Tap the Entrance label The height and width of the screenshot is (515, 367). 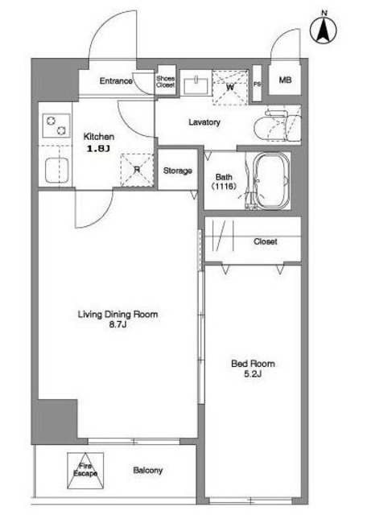(116, 80)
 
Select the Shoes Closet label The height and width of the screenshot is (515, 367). (165, 81)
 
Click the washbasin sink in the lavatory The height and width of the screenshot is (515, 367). (196, 85)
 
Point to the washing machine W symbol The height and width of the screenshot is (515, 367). (230, 87)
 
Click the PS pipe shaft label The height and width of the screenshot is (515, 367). (257, 84)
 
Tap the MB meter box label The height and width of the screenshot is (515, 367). (285, 80)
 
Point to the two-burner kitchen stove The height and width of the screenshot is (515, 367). (56, 126)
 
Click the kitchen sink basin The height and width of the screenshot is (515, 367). (56, 171)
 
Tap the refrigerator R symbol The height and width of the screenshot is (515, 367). (137, 170)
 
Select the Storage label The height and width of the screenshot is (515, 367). (177, 171)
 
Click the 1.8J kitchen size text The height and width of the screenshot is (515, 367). (97, 149)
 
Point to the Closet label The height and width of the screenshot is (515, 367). (265, 241)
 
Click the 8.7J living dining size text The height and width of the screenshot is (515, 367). (118, 325)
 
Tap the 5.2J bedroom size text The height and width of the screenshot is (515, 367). (253, 373)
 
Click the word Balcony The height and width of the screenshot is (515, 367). (147, 470)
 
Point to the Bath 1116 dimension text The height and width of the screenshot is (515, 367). (224, 187)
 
